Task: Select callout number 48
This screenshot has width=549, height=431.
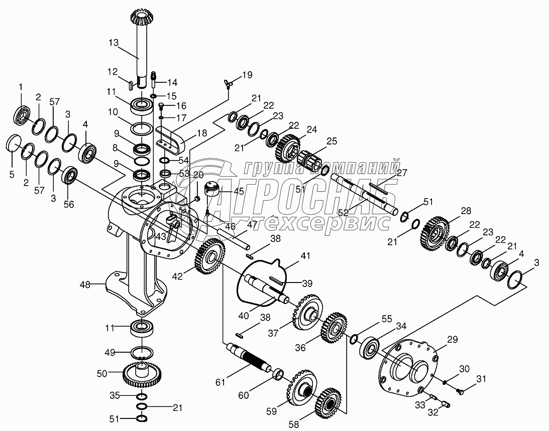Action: (x=85, y=284)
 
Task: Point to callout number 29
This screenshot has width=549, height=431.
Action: (x=453, y=340)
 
